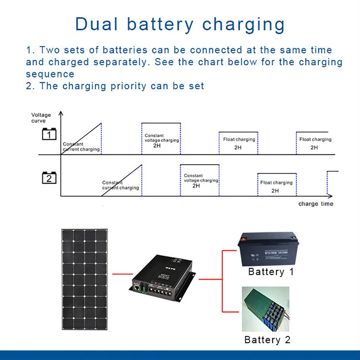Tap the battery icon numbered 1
click(x=49, y=134)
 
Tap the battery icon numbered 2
click(x=49, y=178)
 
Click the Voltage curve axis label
click(x=41, y=118)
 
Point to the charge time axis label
click(x=315, y=204)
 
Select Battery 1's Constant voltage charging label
click(x=162, y=138)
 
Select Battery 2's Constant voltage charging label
click(x=201, y=178)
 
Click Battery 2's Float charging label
click(x=276, y=183)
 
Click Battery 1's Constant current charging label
click(x=81, y=147)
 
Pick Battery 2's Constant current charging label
click(x=120, y=185)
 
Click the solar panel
click(x=84, y=280)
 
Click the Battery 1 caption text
click(x=271, y=272)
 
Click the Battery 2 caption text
click(x=267, y=340)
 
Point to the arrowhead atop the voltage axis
click(x=61, y=113)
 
